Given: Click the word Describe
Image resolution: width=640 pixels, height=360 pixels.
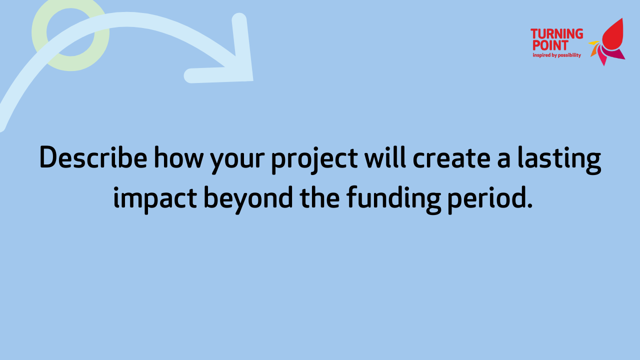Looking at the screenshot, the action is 93,157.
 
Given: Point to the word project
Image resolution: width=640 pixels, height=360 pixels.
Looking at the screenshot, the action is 314,160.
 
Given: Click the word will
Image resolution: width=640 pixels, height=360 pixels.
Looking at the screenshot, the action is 385,157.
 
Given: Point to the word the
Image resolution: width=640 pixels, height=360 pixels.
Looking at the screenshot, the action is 319,197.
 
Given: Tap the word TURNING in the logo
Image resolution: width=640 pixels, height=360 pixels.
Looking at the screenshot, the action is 556,33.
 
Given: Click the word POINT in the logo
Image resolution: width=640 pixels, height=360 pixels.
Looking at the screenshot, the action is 550,45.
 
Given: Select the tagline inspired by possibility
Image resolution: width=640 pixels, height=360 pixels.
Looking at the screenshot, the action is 557,55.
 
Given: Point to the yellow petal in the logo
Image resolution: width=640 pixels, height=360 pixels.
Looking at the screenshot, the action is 593,43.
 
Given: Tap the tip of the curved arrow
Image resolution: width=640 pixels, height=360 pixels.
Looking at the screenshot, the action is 252,80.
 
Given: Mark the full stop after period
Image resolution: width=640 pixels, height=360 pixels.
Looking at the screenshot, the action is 529,204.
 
